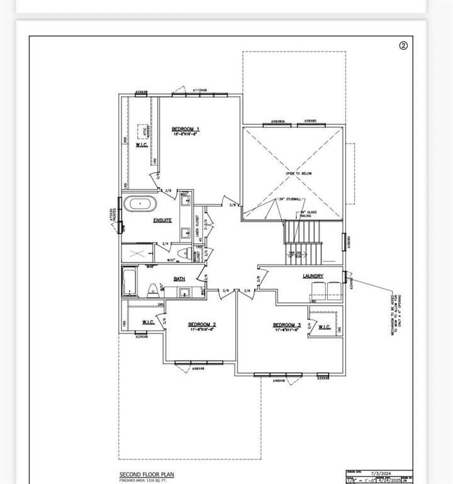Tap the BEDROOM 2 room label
tap(202, 325)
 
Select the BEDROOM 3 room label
tap(286, 325)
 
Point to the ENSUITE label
tap(163, 221)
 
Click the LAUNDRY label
tap(313, 276)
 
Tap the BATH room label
tap(179, 278)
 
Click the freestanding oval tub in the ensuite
tap(139, 204)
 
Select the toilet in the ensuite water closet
tap(182, 253)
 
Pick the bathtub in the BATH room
tap(128, 282)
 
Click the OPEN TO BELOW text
tap(298, 173)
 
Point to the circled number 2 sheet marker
tap(404, 45)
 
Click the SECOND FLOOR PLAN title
tap(147, 474)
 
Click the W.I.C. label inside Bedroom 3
tap(325, 326)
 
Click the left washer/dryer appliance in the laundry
tap(318, 290)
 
